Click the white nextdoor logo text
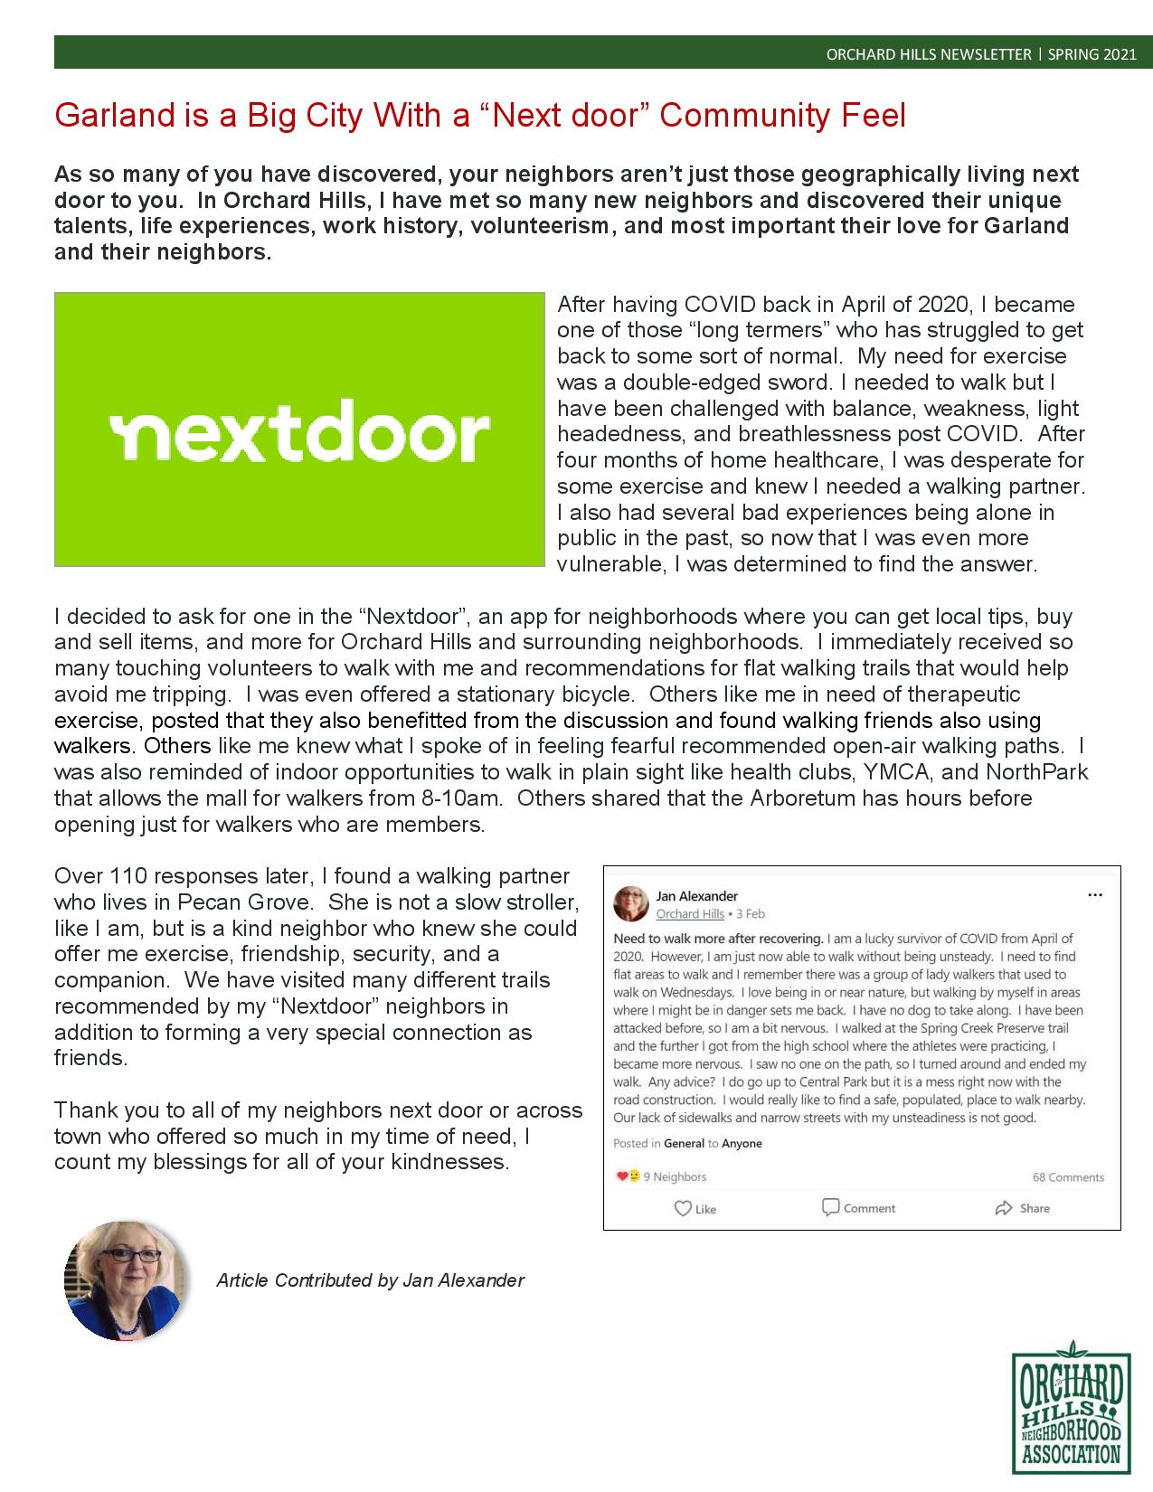pos(299,436)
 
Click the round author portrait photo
pos(125,1280)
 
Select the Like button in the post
pos(695,1208)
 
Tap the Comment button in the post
pos(858,1208)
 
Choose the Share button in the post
pos(1022,1208)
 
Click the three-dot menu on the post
pos(1095,895)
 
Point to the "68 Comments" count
pos(1068,1177)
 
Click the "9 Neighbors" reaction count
pos(674,1176)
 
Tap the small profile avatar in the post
pos(631,904)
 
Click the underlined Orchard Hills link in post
pos(690,914)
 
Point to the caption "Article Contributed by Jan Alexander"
pos(371,1280)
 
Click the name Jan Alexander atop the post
pos(697,896)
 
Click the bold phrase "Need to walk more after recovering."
pos(718,939)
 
